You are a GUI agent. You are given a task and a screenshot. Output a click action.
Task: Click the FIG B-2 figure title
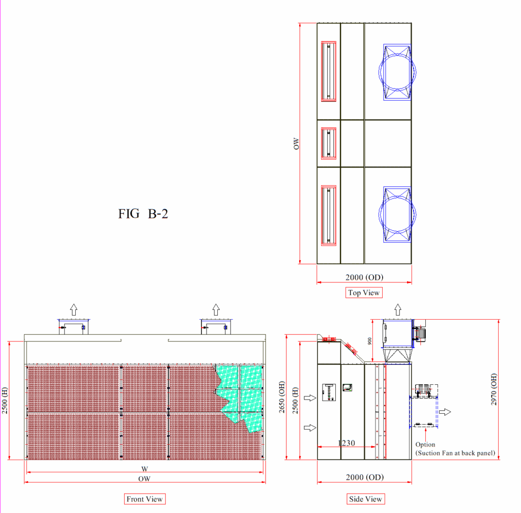(143, 214)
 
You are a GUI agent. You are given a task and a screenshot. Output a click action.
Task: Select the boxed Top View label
(364, 293)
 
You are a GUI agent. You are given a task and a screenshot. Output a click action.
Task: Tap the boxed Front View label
(144, 499)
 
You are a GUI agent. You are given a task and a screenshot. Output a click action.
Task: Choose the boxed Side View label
(365, 499)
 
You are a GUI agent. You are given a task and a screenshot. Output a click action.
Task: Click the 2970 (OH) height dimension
(494, 389)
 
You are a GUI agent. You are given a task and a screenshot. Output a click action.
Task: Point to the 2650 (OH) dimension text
(282, 397)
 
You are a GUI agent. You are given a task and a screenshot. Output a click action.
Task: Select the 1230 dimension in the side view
(346, 443)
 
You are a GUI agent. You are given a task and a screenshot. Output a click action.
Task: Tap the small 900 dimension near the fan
(369, 341)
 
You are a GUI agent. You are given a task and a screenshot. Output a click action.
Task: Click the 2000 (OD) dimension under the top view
(364, 277)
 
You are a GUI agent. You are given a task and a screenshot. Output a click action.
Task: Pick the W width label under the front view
(144, 469)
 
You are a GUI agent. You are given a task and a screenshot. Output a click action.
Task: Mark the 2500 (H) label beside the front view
(5, 401)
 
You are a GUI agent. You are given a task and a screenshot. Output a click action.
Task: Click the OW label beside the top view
(296, 144)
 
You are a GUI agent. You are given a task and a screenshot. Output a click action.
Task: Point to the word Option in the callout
(425, 445)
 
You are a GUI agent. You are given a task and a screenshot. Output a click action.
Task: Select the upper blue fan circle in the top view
(397, 54)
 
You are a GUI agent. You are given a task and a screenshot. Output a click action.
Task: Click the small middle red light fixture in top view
(329, 144)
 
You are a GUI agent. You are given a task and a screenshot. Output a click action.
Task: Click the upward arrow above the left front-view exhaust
(74, 309)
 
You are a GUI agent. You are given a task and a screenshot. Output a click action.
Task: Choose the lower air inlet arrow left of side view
(310, 427)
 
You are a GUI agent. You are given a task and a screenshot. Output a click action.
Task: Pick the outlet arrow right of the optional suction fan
(445, 412)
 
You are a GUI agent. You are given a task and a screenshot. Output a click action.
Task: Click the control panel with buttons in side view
(329, 392)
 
